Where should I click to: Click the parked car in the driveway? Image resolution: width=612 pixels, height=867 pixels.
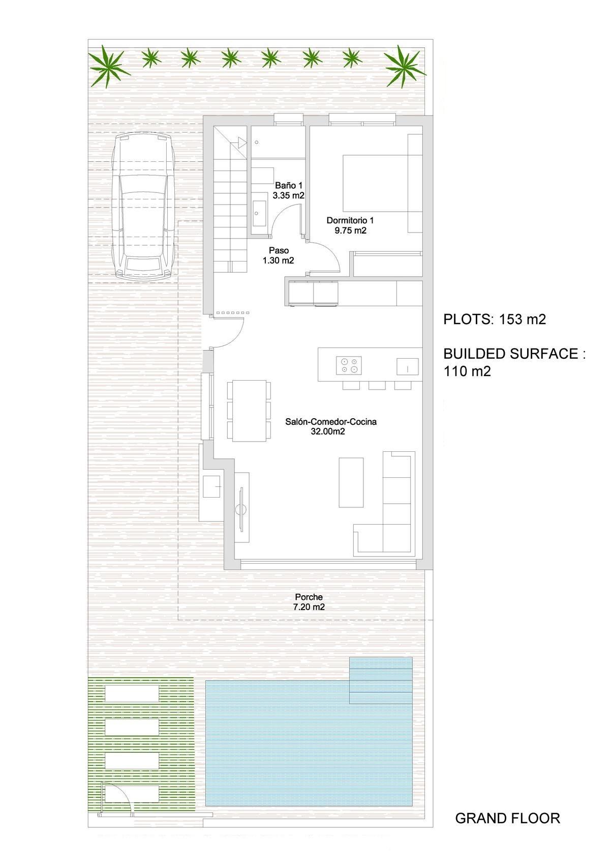[144, 206]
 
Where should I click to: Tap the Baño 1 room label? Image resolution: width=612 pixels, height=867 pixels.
[288, 190]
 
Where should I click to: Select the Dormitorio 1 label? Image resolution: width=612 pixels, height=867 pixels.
[350, 225]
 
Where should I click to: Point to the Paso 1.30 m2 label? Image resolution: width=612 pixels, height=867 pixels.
[279, 255]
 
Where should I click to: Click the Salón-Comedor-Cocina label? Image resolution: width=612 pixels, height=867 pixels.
[330, 426]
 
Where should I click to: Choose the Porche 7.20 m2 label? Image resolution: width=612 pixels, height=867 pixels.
[309, 602]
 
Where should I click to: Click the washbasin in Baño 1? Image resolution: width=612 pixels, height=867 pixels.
[258, 209]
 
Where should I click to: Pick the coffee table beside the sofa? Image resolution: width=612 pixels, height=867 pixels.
[351, 481]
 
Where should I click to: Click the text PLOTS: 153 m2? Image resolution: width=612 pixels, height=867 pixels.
[494, 320]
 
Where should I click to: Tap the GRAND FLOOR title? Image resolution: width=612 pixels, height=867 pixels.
[507, 818]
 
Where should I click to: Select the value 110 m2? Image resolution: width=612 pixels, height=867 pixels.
[467, 371]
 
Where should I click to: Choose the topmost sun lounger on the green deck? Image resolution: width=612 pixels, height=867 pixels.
[132, 693]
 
